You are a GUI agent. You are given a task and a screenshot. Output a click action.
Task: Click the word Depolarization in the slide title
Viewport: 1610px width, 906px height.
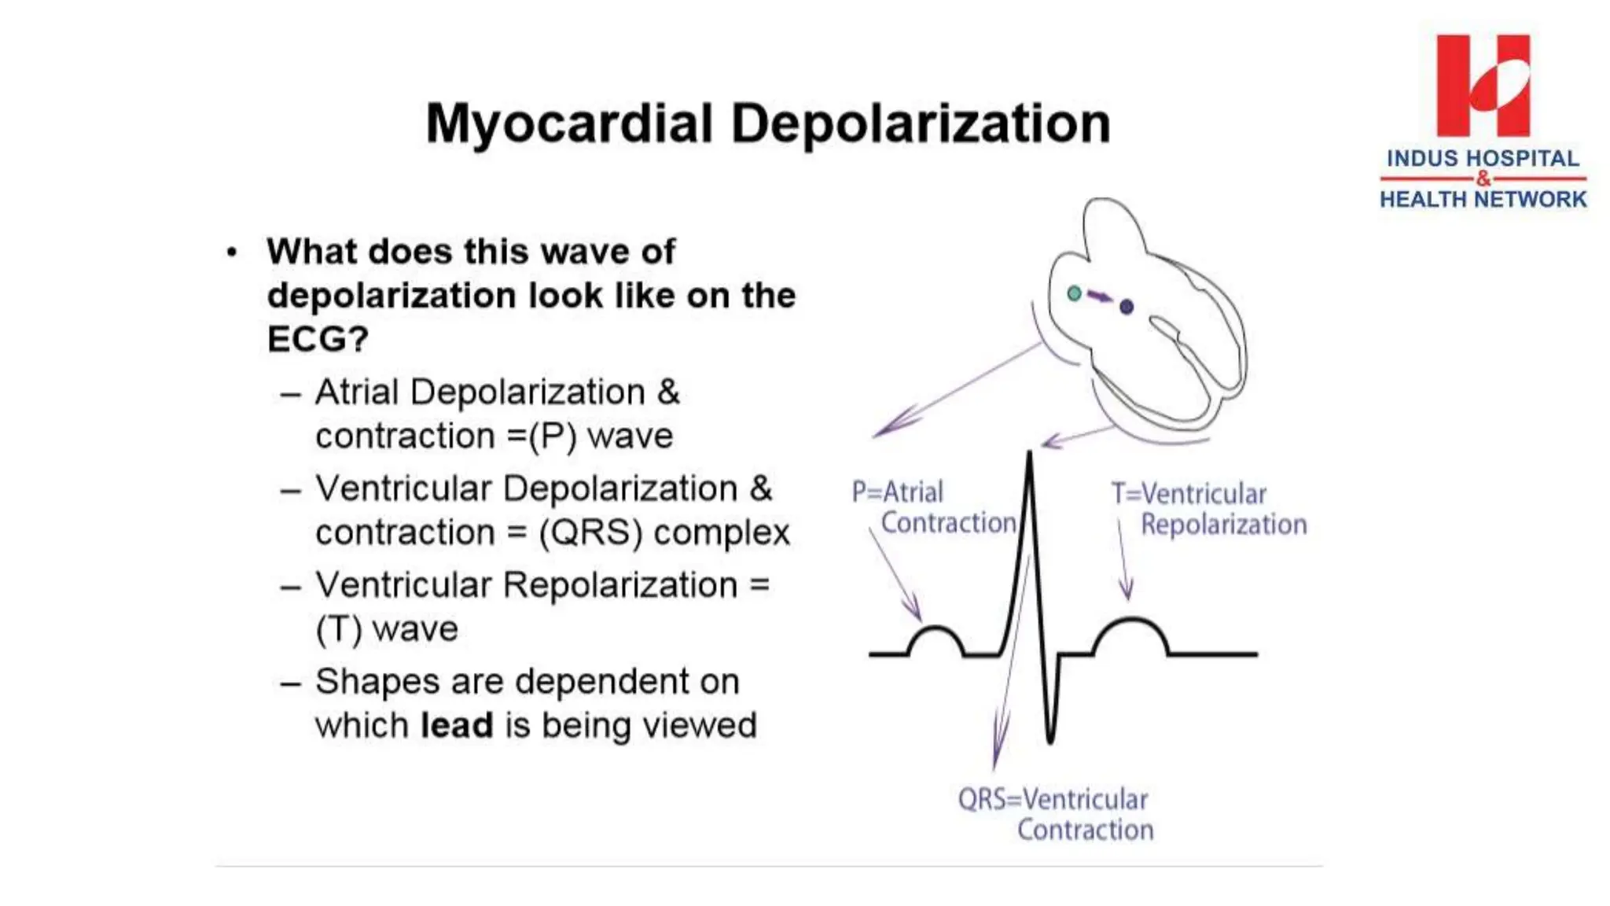click(921, 124)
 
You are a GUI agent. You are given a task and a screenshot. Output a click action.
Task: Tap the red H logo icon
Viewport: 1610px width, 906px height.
click(1483, 86)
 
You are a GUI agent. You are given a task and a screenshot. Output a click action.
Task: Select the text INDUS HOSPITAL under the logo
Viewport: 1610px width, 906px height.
click(1483, 158)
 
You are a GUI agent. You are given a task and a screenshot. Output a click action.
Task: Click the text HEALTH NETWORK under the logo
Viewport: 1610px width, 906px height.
click(1483, 199)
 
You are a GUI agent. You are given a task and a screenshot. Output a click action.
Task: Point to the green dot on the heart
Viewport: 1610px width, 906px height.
click(1075, 293)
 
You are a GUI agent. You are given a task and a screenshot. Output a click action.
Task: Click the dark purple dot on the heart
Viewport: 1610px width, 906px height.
click(1127, 307)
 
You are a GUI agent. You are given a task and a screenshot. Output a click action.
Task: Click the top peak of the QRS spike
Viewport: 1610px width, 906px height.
click(1029, 456)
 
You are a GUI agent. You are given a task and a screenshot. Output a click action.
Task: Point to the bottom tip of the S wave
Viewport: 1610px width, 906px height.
click(1050, 739)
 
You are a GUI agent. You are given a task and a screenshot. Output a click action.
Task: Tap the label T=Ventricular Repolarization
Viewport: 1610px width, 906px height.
click(1208, 509)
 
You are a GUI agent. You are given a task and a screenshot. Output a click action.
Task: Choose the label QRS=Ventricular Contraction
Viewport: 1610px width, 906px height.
click(1055, 814)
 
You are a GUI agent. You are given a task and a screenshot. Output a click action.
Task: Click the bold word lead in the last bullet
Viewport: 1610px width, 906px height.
click(457, 725)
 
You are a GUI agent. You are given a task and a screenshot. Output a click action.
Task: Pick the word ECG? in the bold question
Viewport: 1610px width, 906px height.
click(318, 340)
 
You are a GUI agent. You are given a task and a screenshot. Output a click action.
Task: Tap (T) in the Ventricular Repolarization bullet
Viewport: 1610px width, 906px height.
click(338, 629)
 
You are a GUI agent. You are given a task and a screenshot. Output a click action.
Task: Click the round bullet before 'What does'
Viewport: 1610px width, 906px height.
click(231, 253)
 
